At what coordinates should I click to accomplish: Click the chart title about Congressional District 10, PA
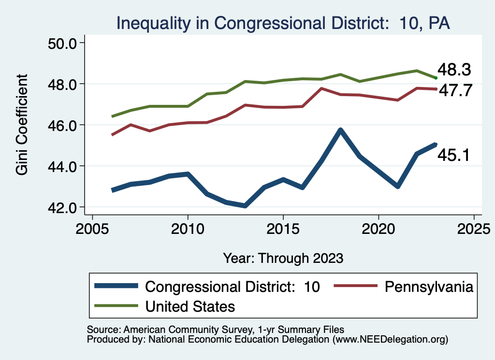pyautogui.click(x=283, y=23)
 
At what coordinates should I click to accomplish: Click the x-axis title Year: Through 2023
pyautogui.click(x=283, y=258)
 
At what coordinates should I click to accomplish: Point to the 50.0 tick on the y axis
pyautogui.click(x=66, y=43)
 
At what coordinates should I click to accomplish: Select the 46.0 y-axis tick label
pyautogui.click(x=66, y=125)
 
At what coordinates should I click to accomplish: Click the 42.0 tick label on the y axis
pyautogui.click(x=66, y=207)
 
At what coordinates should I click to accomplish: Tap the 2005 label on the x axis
pyautogui.click(x=92, y=228)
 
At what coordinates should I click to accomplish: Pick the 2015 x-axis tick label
pyautogui.click(x=283, y=228)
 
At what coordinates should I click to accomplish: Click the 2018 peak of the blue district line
pyautogui.click(x=340, y=130)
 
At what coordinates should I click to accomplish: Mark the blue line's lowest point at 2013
pyautogui.click(x=245, y=206)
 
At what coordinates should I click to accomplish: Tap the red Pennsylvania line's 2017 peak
pyautogui.click(x=321, y=88)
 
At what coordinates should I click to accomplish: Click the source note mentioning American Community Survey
pyautogui.click(x=215, y=329)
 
